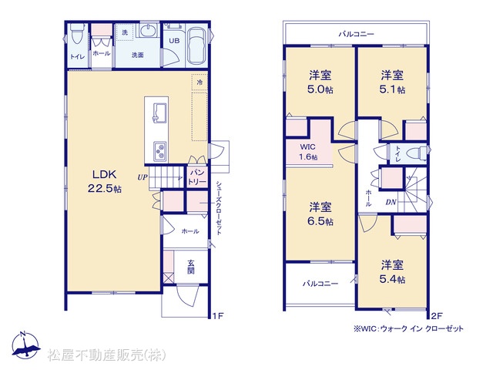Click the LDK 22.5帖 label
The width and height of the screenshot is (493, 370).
coord(105,182)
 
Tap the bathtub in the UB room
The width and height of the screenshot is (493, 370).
coord(196,47)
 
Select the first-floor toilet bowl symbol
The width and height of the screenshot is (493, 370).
coord(77,35)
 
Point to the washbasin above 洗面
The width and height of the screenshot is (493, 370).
coord(147,31)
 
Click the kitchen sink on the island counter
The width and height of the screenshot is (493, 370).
coord(160,113)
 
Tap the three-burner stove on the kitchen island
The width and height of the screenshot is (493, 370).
coord(160,151)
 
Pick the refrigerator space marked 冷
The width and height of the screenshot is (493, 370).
coord(200,82)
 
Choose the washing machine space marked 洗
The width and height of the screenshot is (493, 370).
coord(125,32)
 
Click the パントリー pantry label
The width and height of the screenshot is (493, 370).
coord(197,177)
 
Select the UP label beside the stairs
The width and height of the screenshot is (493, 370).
coord(142,177)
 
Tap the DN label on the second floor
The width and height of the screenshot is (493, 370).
coord(391,202)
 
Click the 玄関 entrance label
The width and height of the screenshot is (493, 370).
coord(191,267)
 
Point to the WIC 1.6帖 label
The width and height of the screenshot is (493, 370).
coord(308,152)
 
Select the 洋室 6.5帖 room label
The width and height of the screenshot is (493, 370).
coord(320,214)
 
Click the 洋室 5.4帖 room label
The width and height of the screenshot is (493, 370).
coord(392,271)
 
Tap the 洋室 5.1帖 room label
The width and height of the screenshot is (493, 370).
coord(392,82)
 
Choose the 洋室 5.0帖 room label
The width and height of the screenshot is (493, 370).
coord(320,82)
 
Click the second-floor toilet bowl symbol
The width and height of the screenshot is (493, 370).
coord(417,154)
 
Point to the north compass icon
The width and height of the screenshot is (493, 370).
coord(25,345)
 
